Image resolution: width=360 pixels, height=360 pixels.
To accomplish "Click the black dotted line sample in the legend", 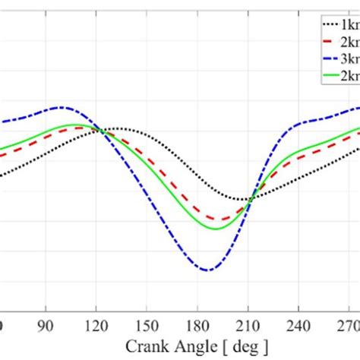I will (x=329, y=23).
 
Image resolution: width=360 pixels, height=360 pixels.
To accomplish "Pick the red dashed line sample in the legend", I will (x=329, y=40).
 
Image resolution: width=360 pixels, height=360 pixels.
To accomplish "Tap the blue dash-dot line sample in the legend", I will (x=329, y=58).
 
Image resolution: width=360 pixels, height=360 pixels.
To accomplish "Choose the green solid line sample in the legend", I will (x=329, y=76).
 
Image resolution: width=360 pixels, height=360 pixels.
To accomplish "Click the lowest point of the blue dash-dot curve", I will (x=206, y=270).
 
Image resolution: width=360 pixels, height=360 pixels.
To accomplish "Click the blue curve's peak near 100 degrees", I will (x=63, y=107).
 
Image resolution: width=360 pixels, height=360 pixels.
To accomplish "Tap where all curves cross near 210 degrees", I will (x=251, y=199).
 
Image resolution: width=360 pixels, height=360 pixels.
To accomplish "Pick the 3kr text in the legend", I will (x=351, y=58).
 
